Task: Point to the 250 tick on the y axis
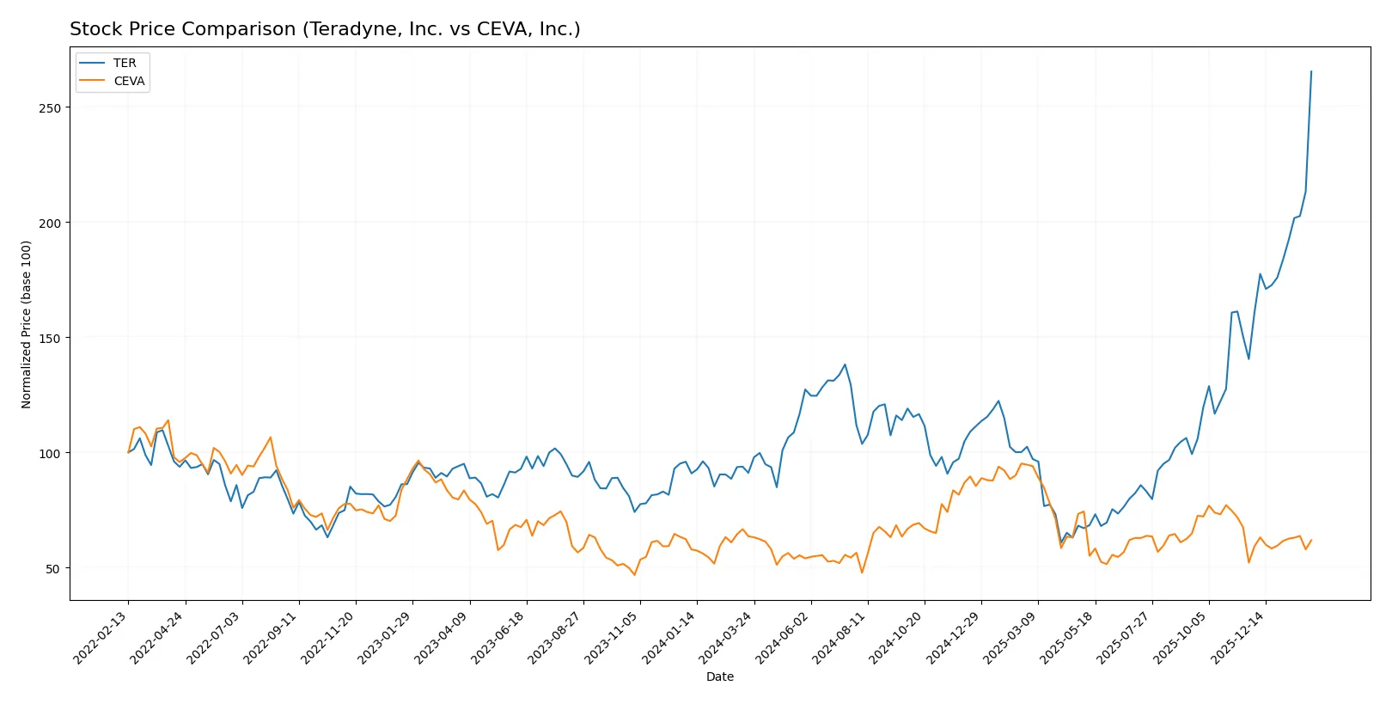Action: coord(50,108)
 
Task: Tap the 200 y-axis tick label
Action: coord(50,223)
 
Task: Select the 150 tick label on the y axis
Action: coord(50,339)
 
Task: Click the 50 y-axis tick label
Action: coord(53,569)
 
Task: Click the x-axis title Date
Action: coord(719,676)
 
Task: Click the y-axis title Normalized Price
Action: coord(27,324)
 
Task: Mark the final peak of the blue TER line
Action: coord(1311,71)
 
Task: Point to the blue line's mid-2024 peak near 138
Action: coord(845,364)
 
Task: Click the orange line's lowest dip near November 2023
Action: coord(635,574)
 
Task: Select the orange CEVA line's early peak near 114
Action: coord(168,420)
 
